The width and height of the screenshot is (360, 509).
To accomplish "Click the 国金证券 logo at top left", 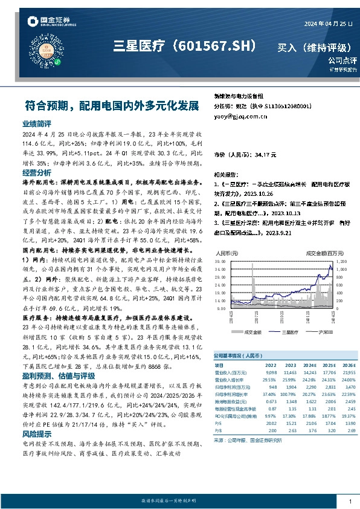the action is tap(45, 22).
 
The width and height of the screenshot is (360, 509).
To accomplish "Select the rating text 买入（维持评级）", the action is tap(311, 47).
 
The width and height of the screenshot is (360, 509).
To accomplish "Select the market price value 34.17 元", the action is tap(265, 155).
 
